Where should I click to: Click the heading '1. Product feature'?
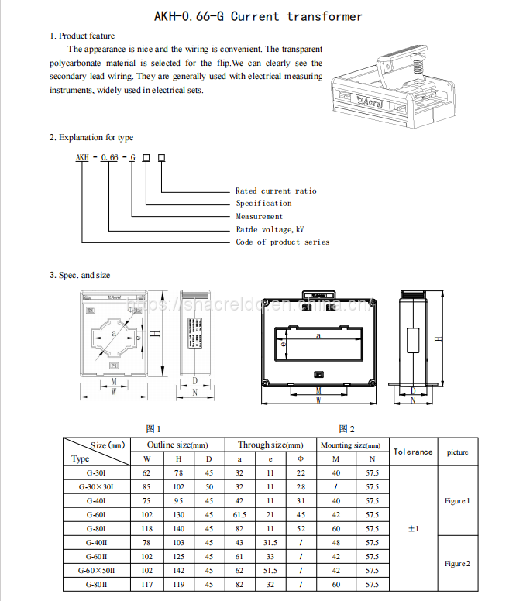click(82, 36)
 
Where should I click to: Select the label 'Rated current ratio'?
click(276, 191)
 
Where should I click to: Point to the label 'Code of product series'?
click(282, 242)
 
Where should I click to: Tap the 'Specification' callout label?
click(263, 203)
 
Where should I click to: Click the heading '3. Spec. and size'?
click(80, 275)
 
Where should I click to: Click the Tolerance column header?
click(413, 452)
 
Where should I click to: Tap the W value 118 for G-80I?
click(146, 528)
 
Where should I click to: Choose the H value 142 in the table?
click(178, 571)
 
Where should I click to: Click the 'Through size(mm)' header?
click(270, 445)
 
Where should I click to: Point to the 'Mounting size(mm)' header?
click(351, 445)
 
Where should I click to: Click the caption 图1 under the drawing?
click(153, 428)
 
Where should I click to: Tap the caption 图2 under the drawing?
click(346, 428)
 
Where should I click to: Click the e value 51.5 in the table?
click(270, 571)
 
